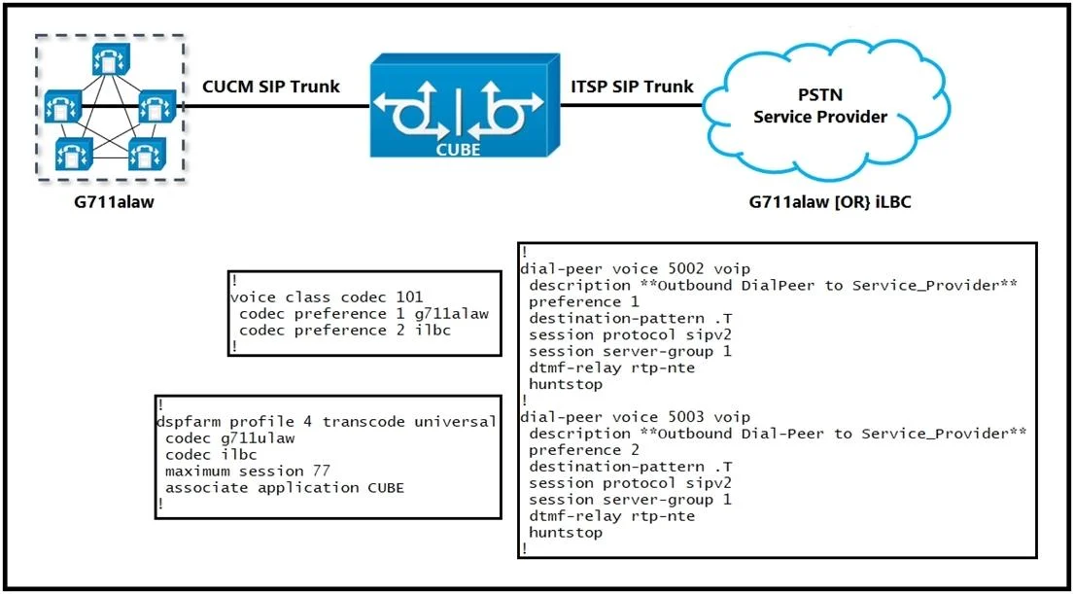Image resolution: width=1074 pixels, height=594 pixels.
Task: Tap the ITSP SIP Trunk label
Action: tap(632, 87)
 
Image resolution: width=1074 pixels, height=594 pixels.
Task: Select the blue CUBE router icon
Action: tap(458, 107)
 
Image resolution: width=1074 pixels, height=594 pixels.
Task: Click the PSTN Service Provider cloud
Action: tap(820, 108)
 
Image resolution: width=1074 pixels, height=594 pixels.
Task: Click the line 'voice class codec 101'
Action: tap(327, 297)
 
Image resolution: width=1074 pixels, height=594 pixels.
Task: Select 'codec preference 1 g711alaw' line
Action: tap(363, 314)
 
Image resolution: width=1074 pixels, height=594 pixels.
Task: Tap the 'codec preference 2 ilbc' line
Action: tap(346, 331)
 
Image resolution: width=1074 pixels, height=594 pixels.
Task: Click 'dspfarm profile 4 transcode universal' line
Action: tap(326, 421)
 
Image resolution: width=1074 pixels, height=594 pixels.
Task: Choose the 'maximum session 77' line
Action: tap(248, 472)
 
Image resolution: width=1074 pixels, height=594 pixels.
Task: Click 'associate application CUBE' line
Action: tap(284, 488)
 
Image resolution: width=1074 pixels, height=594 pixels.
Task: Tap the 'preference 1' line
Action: tap(584, 301)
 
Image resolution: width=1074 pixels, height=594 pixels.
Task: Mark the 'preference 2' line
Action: tap(584, 450)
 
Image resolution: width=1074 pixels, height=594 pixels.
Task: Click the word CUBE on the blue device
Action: tap(458, 150)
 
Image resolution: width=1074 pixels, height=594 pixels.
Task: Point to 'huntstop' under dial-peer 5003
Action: tap(566, 533)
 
